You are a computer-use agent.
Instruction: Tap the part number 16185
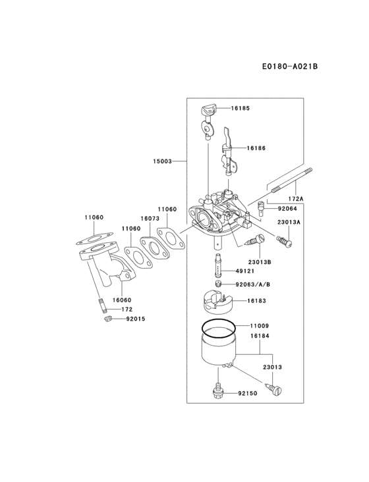241,107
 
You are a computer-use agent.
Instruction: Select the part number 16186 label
256,149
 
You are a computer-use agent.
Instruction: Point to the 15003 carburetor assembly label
163,161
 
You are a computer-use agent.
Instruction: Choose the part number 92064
287,209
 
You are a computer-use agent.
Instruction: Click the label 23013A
289,223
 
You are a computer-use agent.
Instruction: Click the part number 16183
256,300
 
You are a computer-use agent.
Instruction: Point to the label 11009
259,325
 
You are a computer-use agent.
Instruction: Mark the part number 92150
247,393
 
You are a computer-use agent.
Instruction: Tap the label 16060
122,300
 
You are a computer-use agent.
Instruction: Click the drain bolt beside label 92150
218,392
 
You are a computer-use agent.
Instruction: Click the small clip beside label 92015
104,319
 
